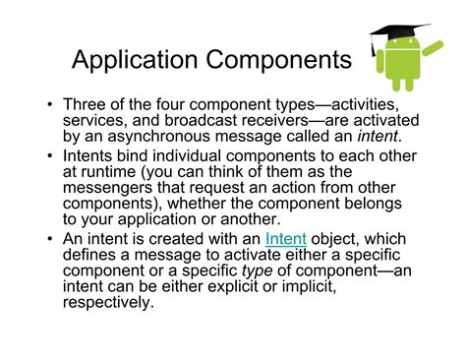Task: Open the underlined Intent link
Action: [285, 239]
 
